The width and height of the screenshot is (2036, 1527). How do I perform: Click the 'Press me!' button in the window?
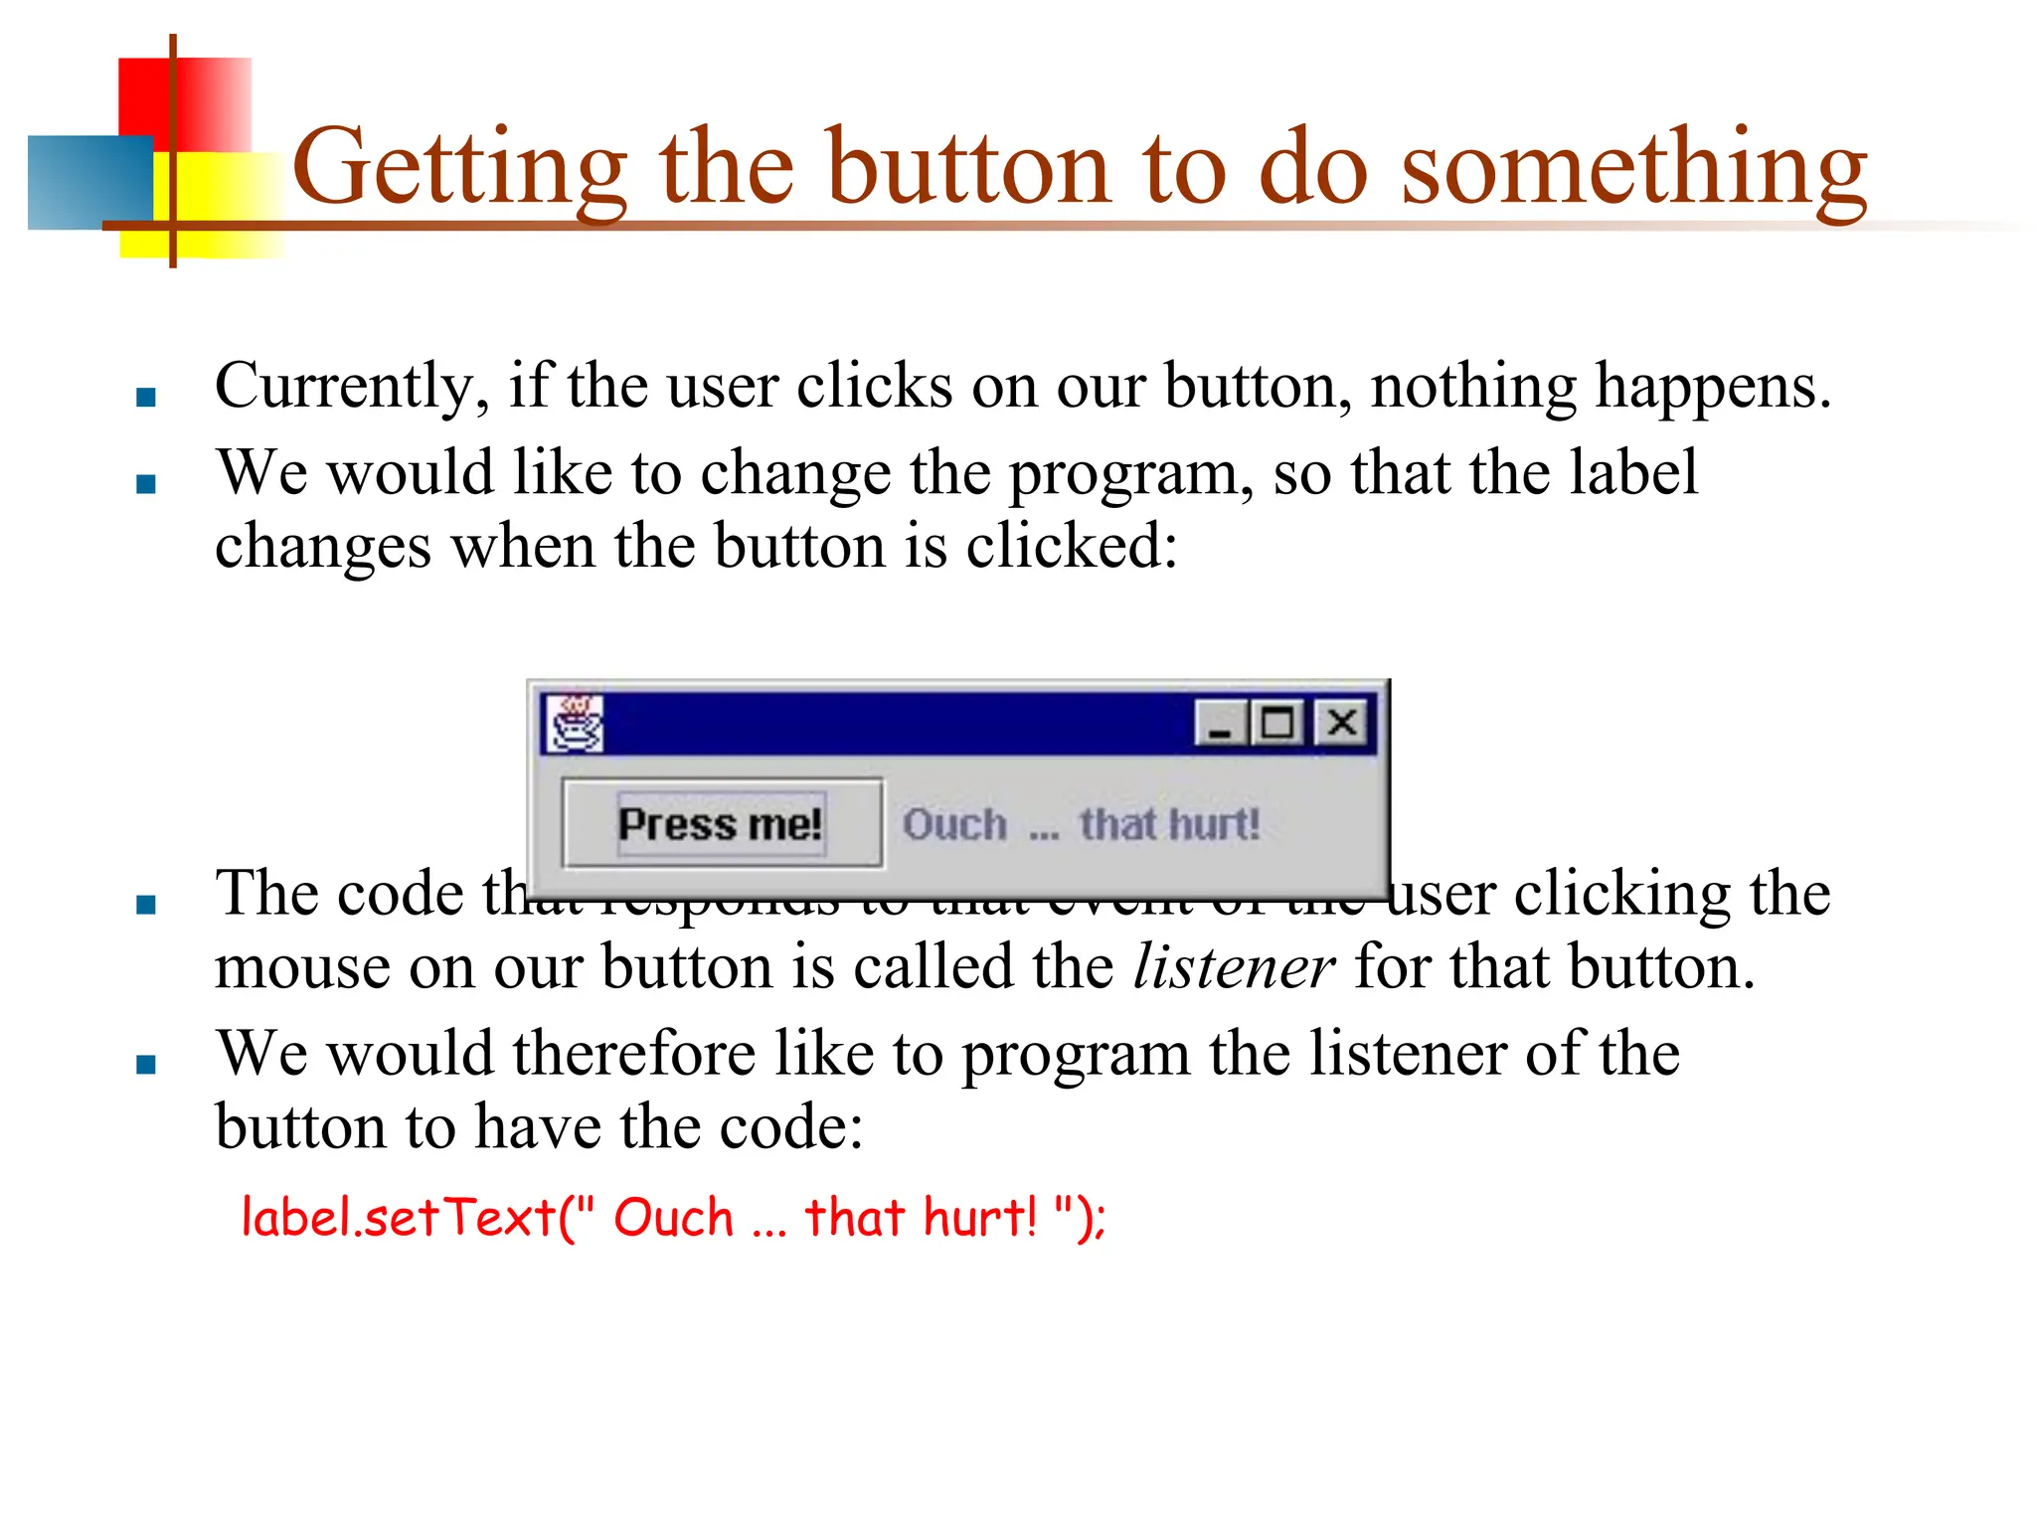pyautogui.click(x=722, y=824)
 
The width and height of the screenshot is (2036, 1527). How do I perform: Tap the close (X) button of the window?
pyautogui.click(x=1342, y=723)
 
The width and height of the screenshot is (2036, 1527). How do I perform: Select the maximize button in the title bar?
pyautogui.click(x=1277, y=723)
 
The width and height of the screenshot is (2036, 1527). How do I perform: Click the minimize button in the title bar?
pyautogui.click(x=1220, y=723)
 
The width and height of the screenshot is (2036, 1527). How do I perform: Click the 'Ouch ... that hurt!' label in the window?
pyautogui.click(x=1081, y=825)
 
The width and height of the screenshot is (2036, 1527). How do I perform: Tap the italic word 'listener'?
pyautogui.click(x=1233, y=967)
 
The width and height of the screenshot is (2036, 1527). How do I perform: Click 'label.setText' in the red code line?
pyautogui.click(x=398, y=1217)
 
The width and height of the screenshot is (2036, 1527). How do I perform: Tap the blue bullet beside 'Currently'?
pyautogui.click(x=146, y=398)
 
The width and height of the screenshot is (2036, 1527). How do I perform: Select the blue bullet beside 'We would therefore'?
pyautogui.click(x=146, y=1065)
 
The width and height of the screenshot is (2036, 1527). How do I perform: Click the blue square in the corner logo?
pyautogui.click(x=89, y=183)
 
